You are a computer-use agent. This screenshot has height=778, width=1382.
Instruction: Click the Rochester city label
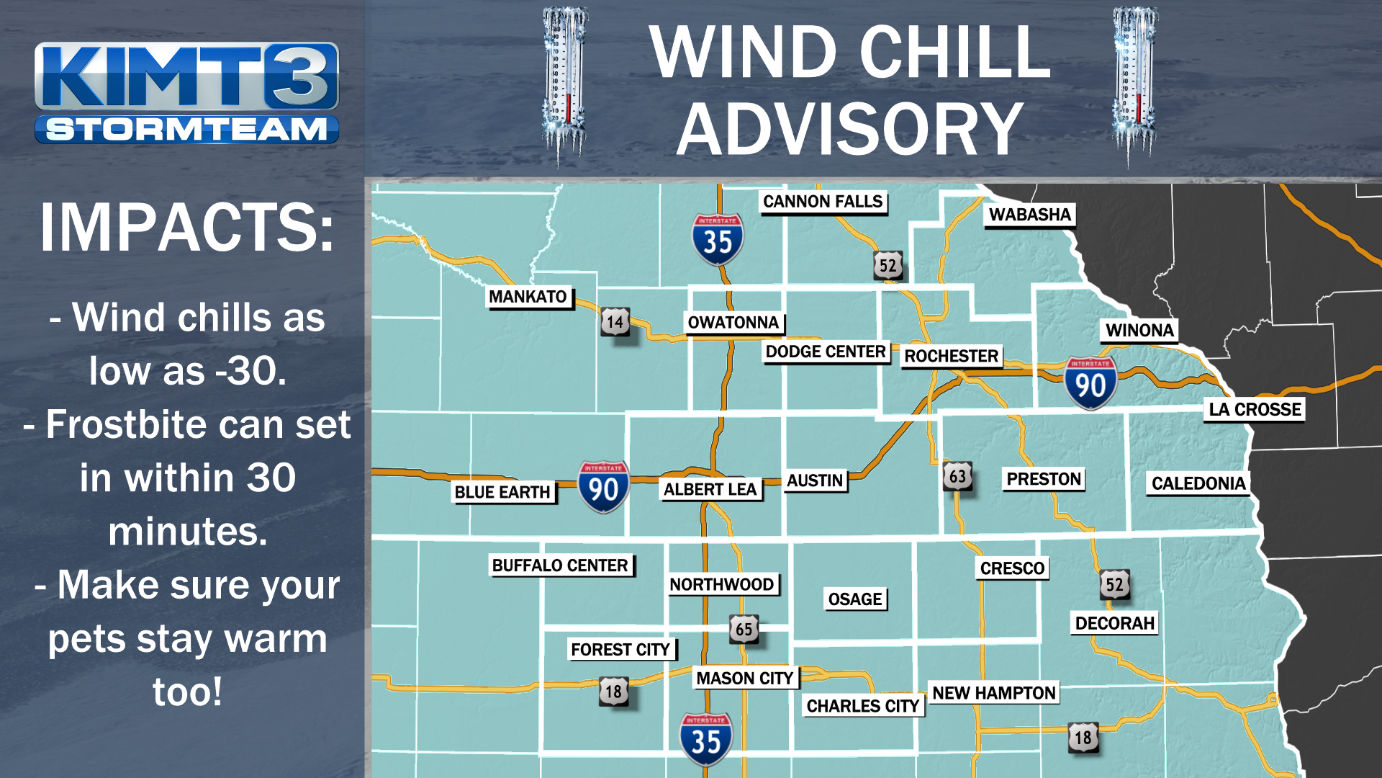(x=951, y=356)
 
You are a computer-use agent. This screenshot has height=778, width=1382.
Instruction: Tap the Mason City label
(x=744, y=678)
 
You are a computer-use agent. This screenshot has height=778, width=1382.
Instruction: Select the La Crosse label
(x=1255, y=409)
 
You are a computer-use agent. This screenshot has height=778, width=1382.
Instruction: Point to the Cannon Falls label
(x=823, y=202)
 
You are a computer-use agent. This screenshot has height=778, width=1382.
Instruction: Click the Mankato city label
(x=528, y=297)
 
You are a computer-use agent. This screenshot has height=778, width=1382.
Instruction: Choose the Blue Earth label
(x=502, y=492)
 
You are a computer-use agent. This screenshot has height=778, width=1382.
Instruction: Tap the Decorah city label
(x=1114, y=623)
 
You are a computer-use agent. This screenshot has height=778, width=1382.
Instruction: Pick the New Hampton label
(x=993, y=693)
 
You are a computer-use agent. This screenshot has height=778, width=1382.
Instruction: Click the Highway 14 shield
(x=615, y=322)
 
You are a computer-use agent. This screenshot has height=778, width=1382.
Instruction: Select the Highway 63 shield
(x=957, y=476)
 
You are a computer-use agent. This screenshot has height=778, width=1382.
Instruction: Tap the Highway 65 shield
(x=744, y=629)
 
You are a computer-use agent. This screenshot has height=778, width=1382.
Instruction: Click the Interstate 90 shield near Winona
(x=1090, y=383)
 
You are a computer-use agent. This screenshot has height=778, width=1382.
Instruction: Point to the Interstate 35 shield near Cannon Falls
(x=718, y=239)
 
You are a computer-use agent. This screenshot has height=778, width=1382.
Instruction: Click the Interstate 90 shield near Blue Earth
(x=603, y=487)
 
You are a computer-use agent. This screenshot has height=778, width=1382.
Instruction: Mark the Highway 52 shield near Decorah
(x=1114, y=584)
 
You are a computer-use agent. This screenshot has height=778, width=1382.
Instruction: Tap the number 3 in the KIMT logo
(x=300, y=76)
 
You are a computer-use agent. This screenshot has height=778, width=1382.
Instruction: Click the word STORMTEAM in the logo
(x=186, y=130)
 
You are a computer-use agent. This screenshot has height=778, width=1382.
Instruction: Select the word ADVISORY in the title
(x=849, y=130)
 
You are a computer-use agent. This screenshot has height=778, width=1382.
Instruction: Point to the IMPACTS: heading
(x=187, y=228)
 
